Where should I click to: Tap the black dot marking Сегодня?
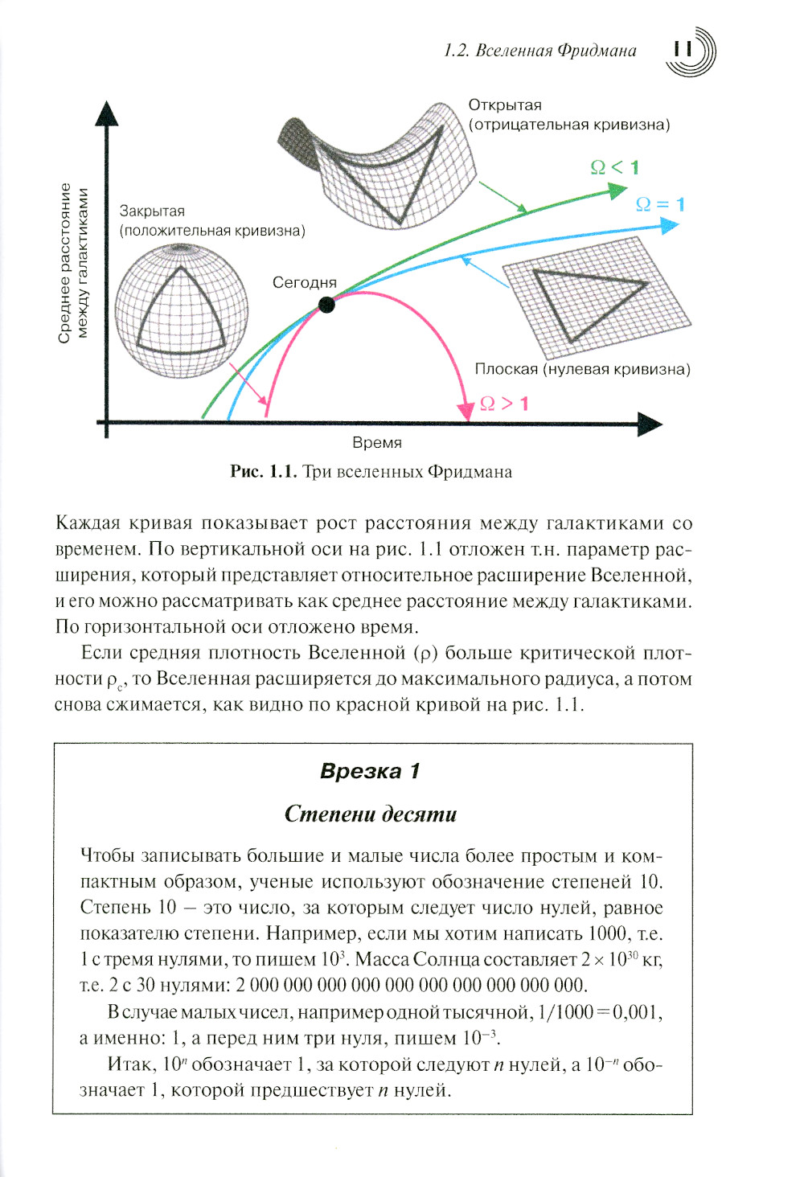(326, 304)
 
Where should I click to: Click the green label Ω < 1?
(615, 167)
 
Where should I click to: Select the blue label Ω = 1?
(660, 204)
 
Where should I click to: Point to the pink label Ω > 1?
(504, 403)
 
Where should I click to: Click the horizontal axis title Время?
(376, 442)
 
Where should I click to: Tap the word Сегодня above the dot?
(304, 282)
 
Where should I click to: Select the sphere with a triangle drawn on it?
(181, 310)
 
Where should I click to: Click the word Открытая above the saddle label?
(505, 105)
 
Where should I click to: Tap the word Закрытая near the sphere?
(152, 211)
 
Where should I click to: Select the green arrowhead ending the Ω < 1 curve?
(617, 191)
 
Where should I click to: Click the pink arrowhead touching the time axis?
(466, 411)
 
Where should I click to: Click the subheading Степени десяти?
(371, 814)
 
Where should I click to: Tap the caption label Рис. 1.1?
(264, 471)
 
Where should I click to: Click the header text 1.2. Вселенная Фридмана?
(539, 51)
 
